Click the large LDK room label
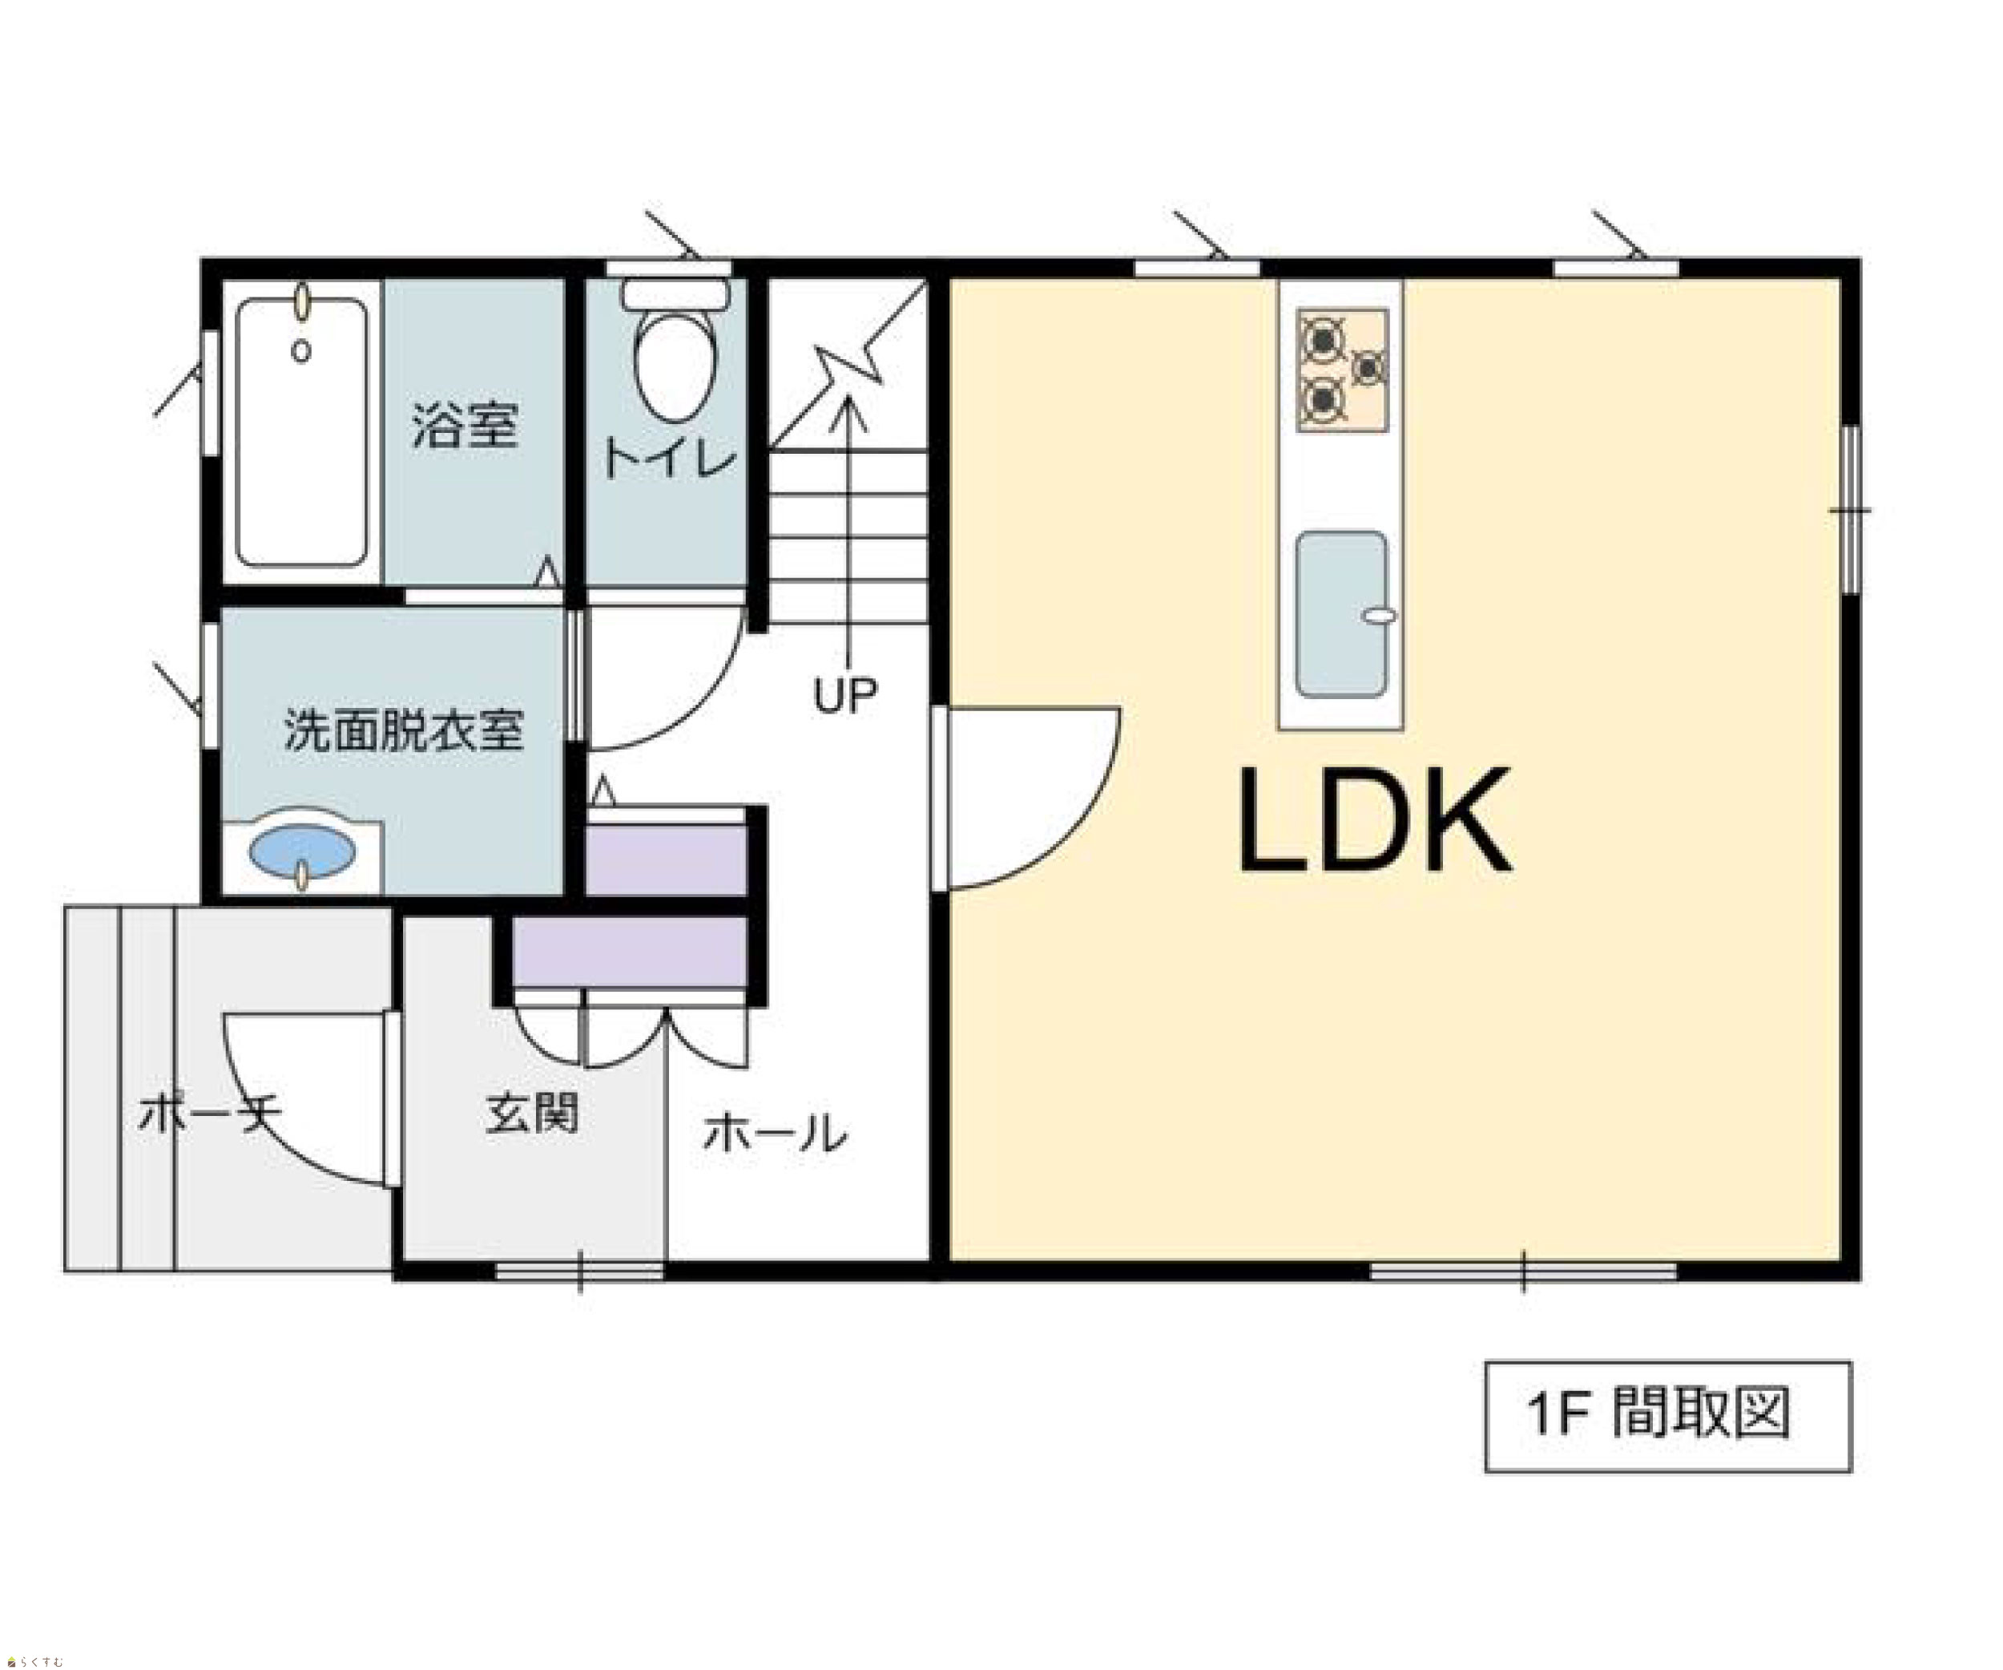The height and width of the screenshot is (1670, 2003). pos(1374,822)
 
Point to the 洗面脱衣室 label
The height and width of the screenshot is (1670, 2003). pos(404,731)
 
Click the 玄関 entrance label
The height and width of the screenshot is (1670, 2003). pos(532,1113)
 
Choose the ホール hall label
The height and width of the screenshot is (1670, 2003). pos(775,1133)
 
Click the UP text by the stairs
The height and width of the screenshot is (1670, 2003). pos(845,696)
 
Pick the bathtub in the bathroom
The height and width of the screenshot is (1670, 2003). pos(302,433)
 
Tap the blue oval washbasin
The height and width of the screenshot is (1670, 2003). pos(302,851)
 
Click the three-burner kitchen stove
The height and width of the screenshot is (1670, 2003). pos(1342,370)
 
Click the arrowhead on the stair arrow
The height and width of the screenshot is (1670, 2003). pos(846,408)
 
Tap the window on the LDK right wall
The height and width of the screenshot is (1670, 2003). pos(1851,510)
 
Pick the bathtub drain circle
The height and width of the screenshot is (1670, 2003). pos(301,351)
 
